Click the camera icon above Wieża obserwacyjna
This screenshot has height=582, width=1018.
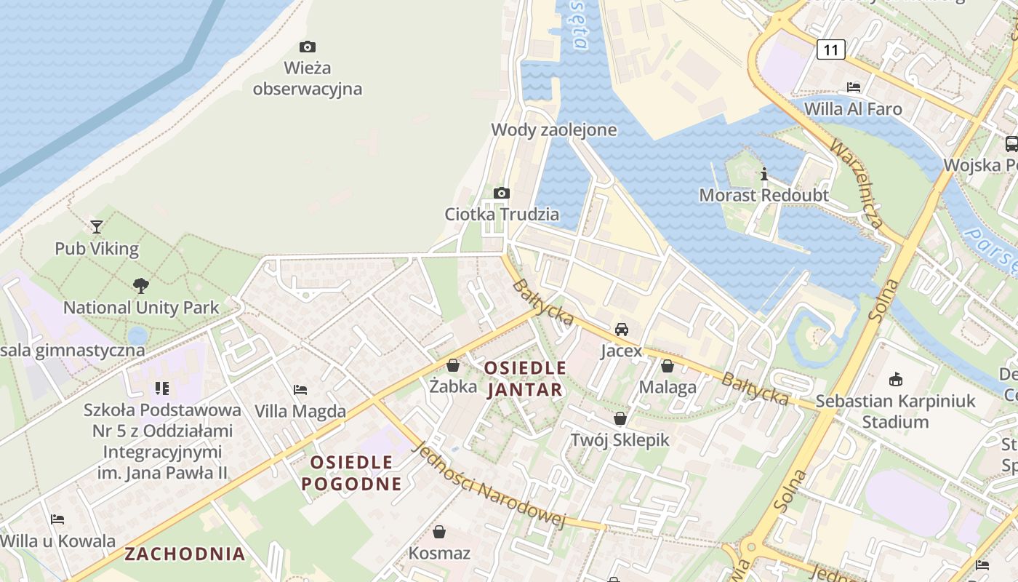tap(308, 47)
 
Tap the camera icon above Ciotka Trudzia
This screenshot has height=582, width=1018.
tap(501, 194)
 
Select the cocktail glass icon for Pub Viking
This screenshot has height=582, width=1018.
tap(97, 227)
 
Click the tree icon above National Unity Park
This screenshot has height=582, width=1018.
tap(141, 286)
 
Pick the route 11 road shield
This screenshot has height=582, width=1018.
tap(830, 49)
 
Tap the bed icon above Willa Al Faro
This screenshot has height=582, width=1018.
tap(854, 87)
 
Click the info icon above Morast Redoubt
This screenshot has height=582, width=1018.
tap(764, 175)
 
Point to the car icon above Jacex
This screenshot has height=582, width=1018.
tap(622, 330)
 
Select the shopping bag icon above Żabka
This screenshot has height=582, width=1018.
tap(453, 365)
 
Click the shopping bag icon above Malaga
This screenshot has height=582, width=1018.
tap(668, 366)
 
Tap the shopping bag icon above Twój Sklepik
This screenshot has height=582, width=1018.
tap(620, 418)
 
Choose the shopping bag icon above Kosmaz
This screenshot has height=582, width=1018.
tap(439, 532)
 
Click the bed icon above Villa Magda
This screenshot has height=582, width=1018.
tap(300, 390)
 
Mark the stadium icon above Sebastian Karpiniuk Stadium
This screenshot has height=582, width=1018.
tap(896, 379)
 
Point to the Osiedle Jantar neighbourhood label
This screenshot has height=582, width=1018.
tap(525, 378)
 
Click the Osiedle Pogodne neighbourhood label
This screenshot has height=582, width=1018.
tap(352, 473)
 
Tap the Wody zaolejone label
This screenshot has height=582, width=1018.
tap(554, 130)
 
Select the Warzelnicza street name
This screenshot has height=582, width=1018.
tap(857, 183)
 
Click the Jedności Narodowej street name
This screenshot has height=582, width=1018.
tap(488, 484)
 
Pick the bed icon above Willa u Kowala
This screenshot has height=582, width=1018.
tap(57, 519)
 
